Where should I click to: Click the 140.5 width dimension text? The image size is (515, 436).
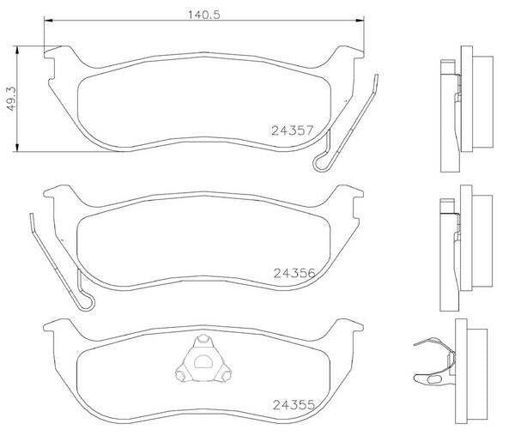[x=203, y=15]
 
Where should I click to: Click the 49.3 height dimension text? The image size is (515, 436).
[x=12, y=99]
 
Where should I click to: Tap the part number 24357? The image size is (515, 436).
[x=293, y=130]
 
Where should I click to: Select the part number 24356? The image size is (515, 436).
[x=294, y=273]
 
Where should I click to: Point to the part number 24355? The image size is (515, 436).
[x=294, y=405]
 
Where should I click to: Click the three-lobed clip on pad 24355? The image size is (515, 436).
[x=203, y=359]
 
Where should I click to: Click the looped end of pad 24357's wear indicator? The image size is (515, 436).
[x=321, y=163]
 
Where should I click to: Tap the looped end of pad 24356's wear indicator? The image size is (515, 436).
[x=86, y=302]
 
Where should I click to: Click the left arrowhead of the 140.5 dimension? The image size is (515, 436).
[x=48, y=21]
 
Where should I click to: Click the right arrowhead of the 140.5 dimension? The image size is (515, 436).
[x=360, y=21]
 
